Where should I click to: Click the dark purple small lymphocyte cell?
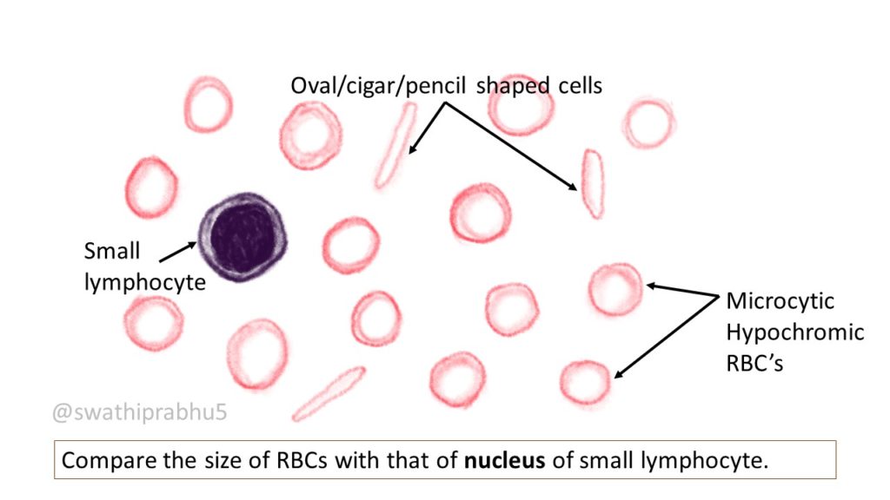[x=242, y=237]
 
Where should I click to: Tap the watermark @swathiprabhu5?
[x=140, y=412]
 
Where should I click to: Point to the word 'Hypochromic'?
[x=795, y=332]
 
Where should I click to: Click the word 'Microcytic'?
[x=780, y=301]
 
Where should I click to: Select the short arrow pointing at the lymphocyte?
[x=177, y=251]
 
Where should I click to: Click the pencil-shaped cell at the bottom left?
[x=329, y=393]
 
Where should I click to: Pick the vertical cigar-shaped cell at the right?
[x=593, y=183]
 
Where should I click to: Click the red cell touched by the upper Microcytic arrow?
[x=615, y=289]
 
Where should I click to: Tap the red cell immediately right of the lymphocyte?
[x=351, y=246]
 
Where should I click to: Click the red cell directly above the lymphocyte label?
[x=152, y=187]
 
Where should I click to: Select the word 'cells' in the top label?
[x=575, y=85]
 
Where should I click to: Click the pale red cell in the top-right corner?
[x=648, y=124]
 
